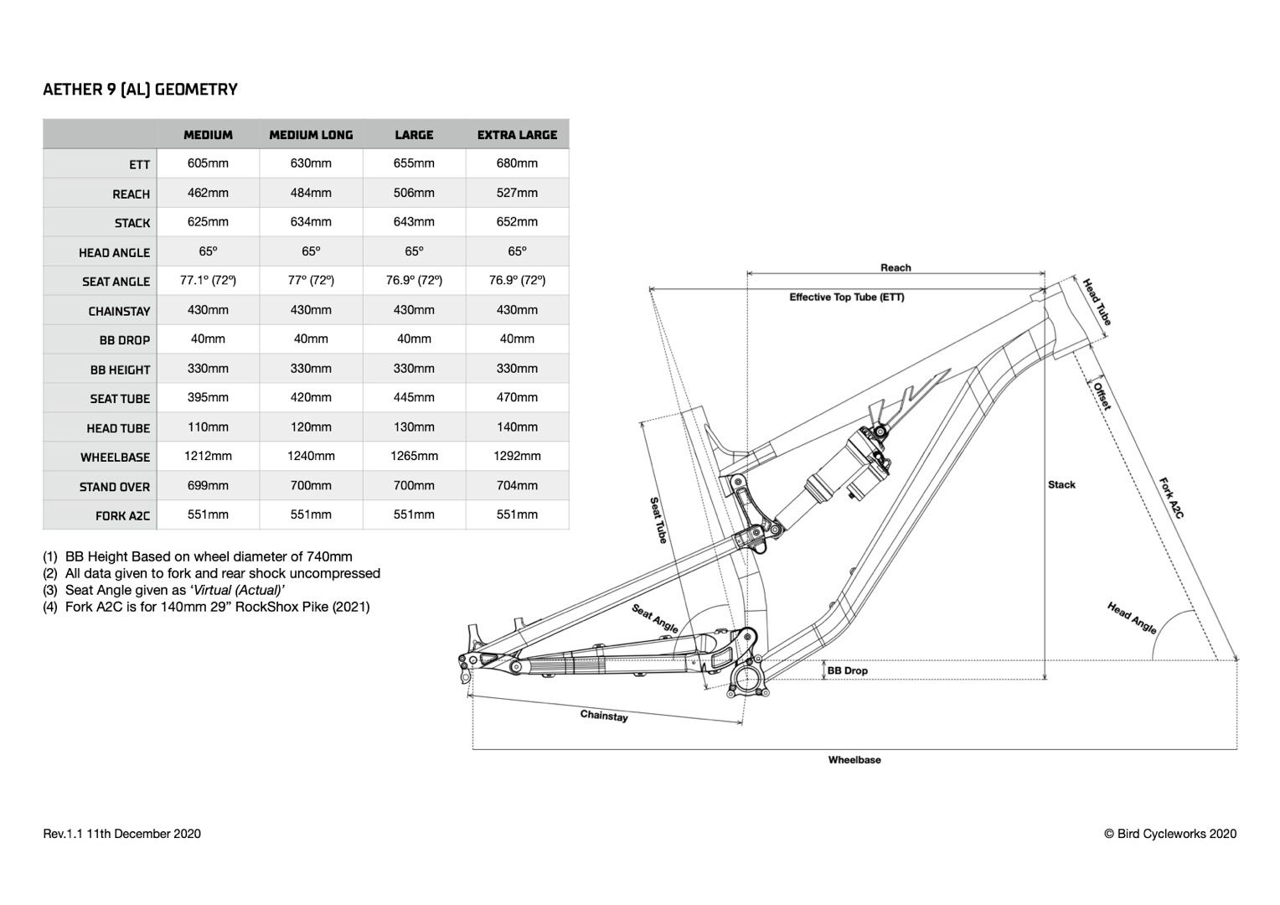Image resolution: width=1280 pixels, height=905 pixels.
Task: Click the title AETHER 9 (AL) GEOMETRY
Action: (140, 90)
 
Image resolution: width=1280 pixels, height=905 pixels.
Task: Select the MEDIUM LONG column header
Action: (311, 135)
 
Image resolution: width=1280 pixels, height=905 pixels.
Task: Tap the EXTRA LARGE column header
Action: (517, 135)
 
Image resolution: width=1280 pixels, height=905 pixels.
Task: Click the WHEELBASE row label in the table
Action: (115, 458)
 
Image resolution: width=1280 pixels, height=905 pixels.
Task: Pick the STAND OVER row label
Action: (114, 487)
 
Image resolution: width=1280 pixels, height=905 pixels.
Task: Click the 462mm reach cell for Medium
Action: (208, 193)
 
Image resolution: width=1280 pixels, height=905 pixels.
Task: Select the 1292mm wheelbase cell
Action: (517, 457)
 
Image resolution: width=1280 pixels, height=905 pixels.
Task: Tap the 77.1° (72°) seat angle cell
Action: (208, 281)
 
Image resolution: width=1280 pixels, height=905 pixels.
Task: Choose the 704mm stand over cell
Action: (517, 486)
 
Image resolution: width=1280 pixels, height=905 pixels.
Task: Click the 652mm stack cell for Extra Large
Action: (517, 222)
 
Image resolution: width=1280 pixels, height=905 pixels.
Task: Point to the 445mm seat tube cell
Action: (414, 398)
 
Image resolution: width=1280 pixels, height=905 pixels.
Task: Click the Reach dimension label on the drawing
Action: (895, 268)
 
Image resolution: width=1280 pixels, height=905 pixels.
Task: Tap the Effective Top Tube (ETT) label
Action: (846, 297)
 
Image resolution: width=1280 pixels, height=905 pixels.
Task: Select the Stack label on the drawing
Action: (1061, 485)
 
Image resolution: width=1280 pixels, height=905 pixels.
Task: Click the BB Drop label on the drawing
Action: (848, 671)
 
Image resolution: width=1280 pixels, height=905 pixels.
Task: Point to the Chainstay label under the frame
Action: (604, 716)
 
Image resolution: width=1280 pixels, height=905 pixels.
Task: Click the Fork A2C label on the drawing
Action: (1170, 499)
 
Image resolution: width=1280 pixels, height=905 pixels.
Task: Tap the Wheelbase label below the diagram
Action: (854, 761)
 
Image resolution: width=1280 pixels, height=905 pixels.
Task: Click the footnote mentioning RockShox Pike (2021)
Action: (206, 607)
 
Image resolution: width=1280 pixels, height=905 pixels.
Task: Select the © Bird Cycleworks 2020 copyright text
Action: (1170, 834)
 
